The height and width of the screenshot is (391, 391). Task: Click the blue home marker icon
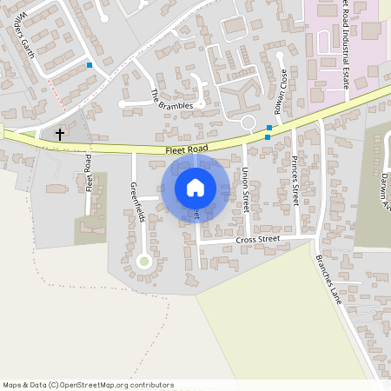(x=195, y=188)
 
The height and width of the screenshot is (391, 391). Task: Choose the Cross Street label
(x=257, y=239)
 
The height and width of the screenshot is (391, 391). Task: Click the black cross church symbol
(x=60, y=134)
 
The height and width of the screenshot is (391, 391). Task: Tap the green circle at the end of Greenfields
(x=144, y=260)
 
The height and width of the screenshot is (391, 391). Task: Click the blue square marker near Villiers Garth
(x=89, y=63)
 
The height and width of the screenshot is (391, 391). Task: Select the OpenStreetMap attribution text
(x=87, y=384)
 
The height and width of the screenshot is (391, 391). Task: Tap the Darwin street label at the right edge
(x=385, y=186)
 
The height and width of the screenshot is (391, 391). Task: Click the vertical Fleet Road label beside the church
(x=89, y=172)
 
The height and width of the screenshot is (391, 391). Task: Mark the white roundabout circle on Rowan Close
(x=248, y=122)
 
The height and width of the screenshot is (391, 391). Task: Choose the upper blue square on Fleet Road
(x=269, y=128)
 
